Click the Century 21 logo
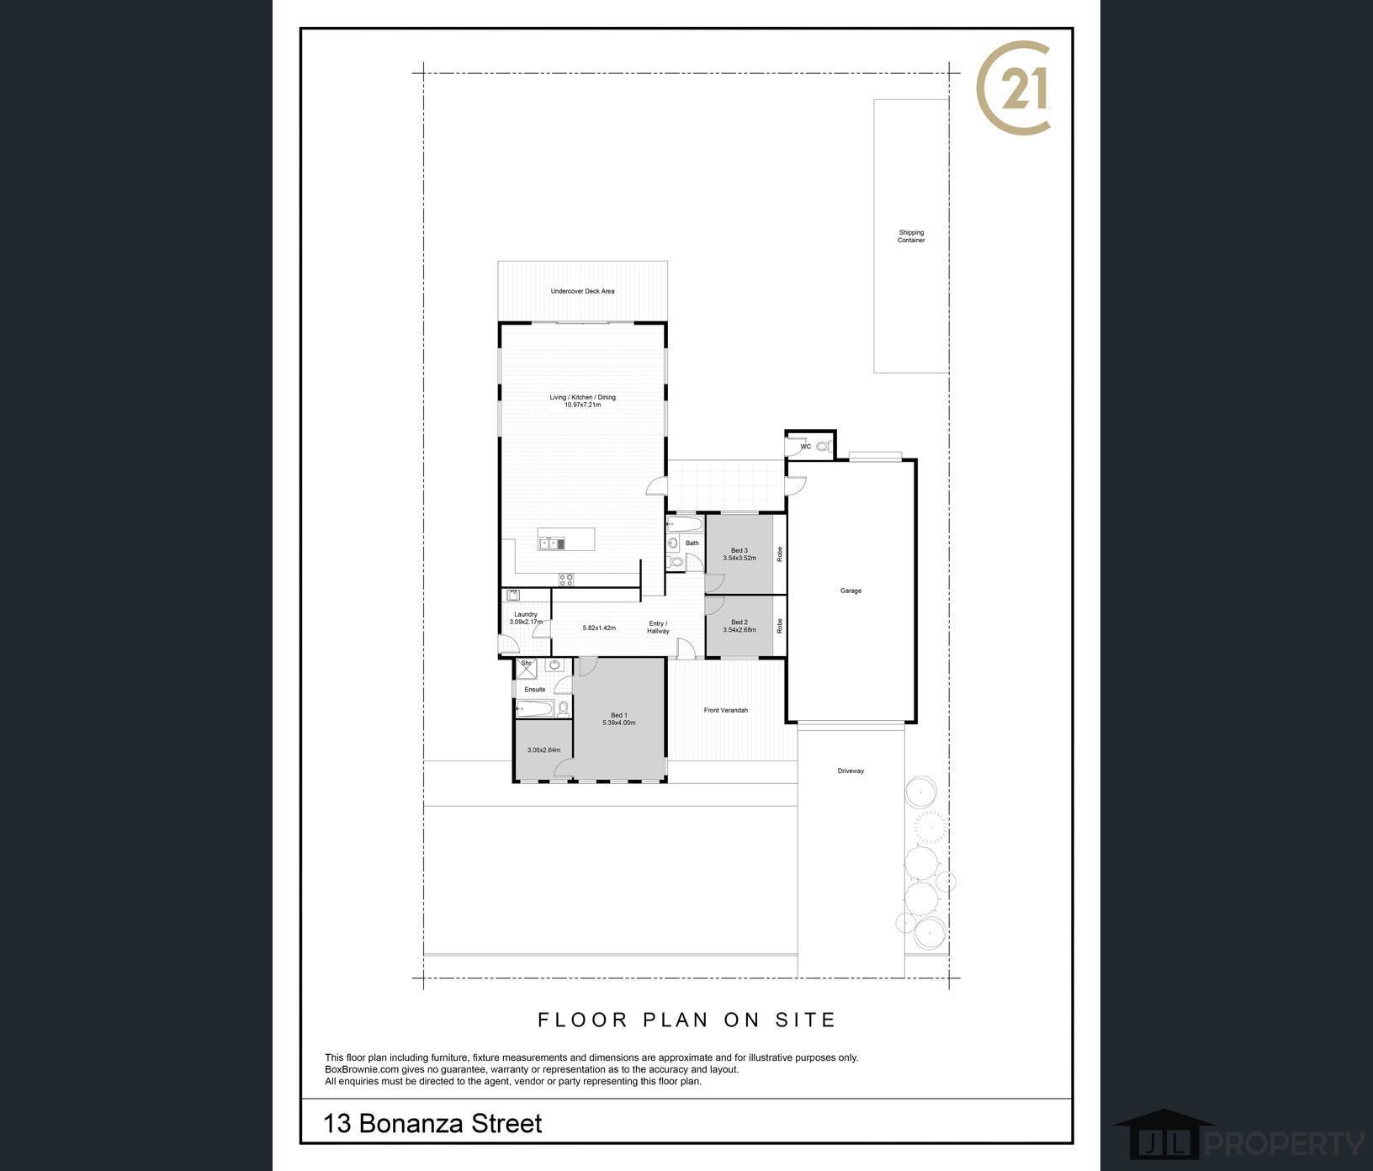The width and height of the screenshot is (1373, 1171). click(1013, 87)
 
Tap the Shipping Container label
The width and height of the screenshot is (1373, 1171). click(911, 236)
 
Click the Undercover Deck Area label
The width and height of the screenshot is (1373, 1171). click(582, 291)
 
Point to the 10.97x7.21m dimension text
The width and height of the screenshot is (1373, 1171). click(582, 405)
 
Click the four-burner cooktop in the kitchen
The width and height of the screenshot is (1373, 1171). click(566, 579)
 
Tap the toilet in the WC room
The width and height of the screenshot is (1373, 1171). click(822, 446)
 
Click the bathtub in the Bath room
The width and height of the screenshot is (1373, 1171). click(684, 526)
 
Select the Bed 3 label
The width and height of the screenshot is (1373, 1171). click(740, 550)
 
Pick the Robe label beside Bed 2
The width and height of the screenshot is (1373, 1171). click(780, 626)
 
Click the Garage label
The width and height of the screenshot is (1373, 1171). click(851, 591)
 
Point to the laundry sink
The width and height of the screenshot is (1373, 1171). click(513, 595)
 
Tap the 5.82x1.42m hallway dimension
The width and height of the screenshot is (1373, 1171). click(599, 628)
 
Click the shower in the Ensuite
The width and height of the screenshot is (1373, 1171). click(527, 668)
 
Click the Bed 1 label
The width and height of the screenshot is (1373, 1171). click(619, 715)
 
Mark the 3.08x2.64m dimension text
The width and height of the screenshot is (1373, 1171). click(543, 750)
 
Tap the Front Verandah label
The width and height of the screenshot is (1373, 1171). click(726, 710)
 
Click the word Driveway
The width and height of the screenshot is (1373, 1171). click(851, 771)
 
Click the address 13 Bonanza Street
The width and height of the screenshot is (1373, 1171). click(433, 1124)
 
